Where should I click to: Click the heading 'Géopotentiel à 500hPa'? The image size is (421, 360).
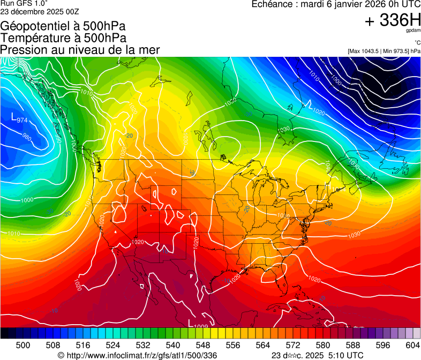[x=63, y=26]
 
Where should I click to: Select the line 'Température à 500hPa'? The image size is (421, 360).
[x=63, y=37]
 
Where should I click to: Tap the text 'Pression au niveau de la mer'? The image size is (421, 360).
[x=80, y=49]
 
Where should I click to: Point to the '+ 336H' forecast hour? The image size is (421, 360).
[x=393, y=20]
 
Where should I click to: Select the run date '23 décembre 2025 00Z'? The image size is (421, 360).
[x=40, y=11]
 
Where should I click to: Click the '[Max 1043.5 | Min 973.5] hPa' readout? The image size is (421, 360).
[x=384, y=51]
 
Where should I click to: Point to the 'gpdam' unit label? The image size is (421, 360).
[x=412, y=32]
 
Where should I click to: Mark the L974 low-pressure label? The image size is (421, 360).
[x=19, y=118]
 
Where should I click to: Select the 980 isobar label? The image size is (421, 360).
[x=26, y=137]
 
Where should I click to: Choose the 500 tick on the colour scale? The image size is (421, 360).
[x=23, y=344]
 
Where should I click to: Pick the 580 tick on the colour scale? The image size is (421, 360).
[x=323, y=344]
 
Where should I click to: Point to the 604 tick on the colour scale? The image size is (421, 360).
[x=413, y=344]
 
